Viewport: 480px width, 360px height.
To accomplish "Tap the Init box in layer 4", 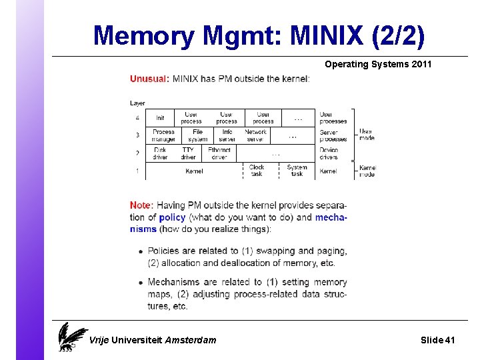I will tap(160, 118).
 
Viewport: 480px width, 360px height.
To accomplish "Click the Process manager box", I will tap(163, 135).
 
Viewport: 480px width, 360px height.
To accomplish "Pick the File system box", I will tap(198, 135).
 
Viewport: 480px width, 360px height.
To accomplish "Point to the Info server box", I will tap(227, 135).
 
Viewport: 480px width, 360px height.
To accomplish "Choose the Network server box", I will tap(255, 135).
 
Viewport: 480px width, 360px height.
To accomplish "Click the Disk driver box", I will tap(160, 153).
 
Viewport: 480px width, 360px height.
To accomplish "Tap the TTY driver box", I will tap(188, 153).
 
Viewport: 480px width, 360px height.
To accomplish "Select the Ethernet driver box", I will tap(219, 153).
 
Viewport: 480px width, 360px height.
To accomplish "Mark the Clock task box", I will tap(257, 171).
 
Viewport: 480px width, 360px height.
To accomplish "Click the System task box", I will tap(297, 171).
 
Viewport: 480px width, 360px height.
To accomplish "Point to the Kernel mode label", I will tap(367, 171).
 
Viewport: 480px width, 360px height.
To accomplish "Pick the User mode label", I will tap(367, 135).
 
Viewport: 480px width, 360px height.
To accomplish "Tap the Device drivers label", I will tap(329, 153).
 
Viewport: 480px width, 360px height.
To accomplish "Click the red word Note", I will tap(141, 205).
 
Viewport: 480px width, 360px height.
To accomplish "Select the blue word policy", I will tap(172, 217).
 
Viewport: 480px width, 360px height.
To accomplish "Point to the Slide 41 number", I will tap(437, 340).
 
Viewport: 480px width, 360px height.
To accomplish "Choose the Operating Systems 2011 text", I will tap(378, 65).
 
